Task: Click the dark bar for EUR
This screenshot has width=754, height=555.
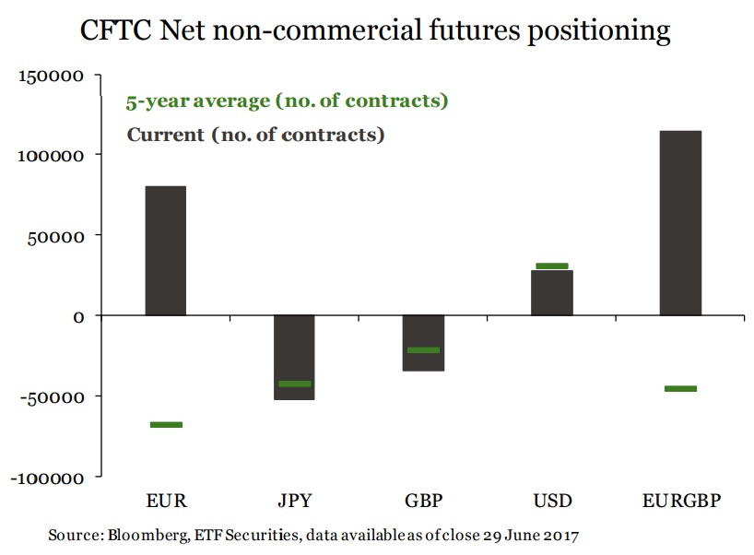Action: point(166,251)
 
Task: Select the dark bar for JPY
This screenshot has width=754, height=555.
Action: point(295,357)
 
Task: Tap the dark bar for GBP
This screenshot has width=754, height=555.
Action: point(424,343)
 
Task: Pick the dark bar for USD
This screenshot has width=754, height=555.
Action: point(552,292)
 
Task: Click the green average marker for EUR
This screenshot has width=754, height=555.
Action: point(166,424)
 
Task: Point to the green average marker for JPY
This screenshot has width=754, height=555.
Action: point(295,384)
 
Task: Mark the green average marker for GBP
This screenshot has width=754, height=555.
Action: point(424,350)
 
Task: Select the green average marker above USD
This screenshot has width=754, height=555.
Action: point(552,266)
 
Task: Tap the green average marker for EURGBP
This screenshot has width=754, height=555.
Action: point(681,388)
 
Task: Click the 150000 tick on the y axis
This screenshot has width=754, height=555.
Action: point(53,76)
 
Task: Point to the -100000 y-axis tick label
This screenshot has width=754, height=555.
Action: point(49,478)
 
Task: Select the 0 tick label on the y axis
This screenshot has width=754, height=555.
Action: point(79,316)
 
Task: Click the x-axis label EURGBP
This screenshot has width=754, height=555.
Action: point(681,502)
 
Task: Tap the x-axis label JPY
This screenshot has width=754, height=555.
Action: point(295,502)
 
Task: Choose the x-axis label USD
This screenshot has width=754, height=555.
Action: point(552,502)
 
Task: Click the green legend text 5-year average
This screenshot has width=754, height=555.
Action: point(287,100)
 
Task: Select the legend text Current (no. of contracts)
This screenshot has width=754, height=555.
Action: point(255,135)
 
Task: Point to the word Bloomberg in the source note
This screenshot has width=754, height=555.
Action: point(138,535)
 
